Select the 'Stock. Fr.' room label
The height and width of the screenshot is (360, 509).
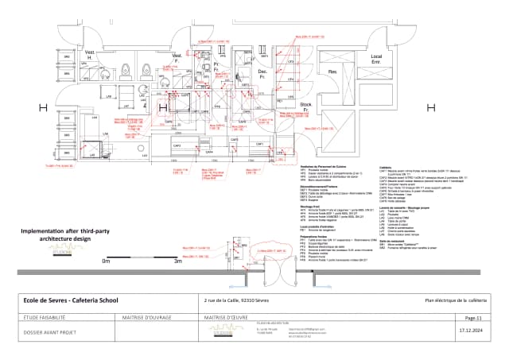tap(305, 107)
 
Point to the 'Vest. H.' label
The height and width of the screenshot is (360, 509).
tap(90, 56)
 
